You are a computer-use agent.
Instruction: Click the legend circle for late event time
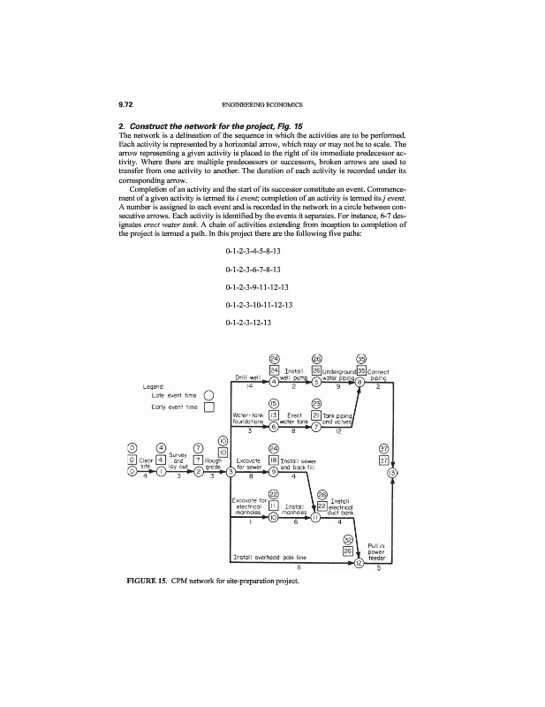pyautogui.click(x=209, y=395)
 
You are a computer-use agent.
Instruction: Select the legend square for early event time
pyautogui.click(x=209, y=407)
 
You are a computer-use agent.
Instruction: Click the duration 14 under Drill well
pyautogui.click(x=250, y=388)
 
